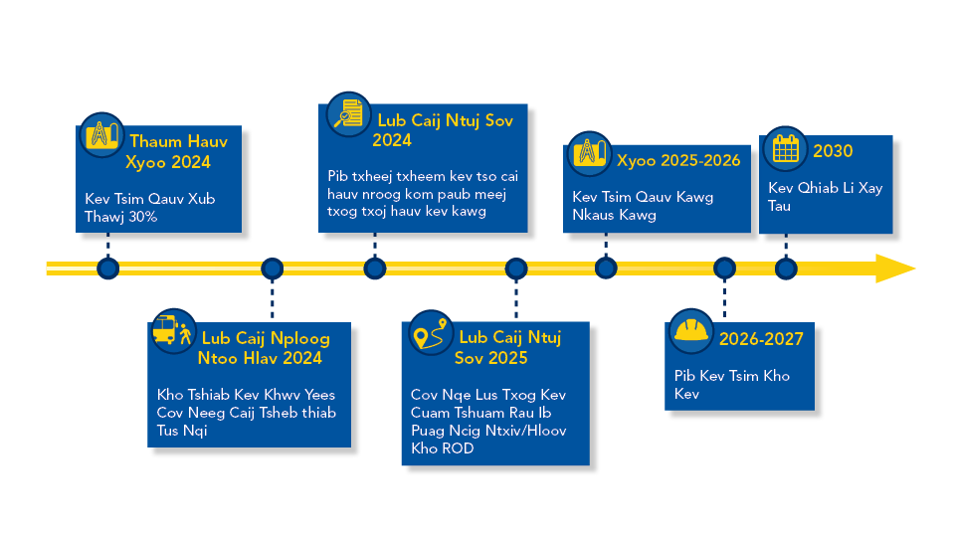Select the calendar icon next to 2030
[786, 149]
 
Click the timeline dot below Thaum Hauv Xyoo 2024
[107, 268]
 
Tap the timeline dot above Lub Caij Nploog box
[272, 268]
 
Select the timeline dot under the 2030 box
[786, 268]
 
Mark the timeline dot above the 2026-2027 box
[724, 268]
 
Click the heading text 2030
[833, 151]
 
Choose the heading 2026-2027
[761, 339]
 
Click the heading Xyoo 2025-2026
[678, 160]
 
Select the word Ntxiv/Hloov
[531, 431]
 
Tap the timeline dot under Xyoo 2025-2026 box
[605, 268]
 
